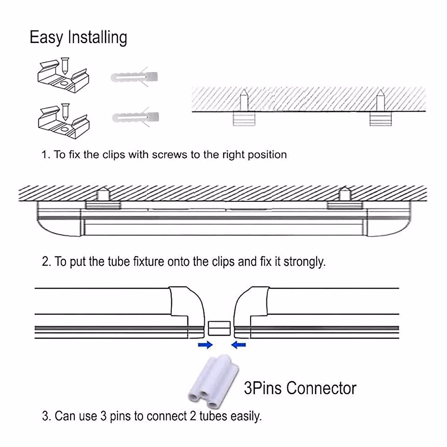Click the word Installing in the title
(98, 38)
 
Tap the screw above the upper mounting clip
(65, 66)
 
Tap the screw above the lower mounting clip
(66, 112)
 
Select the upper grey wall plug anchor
(134, 77)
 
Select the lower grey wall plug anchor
(136, 117)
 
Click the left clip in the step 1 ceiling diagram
(244, 119)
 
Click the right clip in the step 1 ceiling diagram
(380, 119)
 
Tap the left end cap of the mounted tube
(59, 219)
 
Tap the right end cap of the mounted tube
(389, 219)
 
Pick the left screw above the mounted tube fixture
(103, 193)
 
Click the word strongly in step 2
(305, 262)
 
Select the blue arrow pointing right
(205, 345)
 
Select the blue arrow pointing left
(238, 345)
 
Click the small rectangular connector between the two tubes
(219, 328)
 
